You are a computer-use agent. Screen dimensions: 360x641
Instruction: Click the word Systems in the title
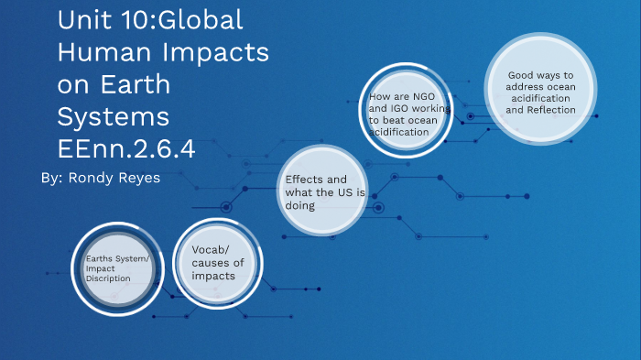[x=113, y=117]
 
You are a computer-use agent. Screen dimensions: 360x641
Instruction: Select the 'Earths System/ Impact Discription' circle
[x=117, y=268]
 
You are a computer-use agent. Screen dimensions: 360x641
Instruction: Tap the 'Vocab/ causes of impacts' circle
[x=219, y=262]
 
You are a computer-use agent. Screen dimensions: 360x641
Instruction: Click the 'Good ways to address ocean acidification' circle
[x=540, y=90]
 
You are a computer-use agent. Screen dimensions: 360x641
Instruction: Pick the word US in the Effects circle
[x=352, y=192]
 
